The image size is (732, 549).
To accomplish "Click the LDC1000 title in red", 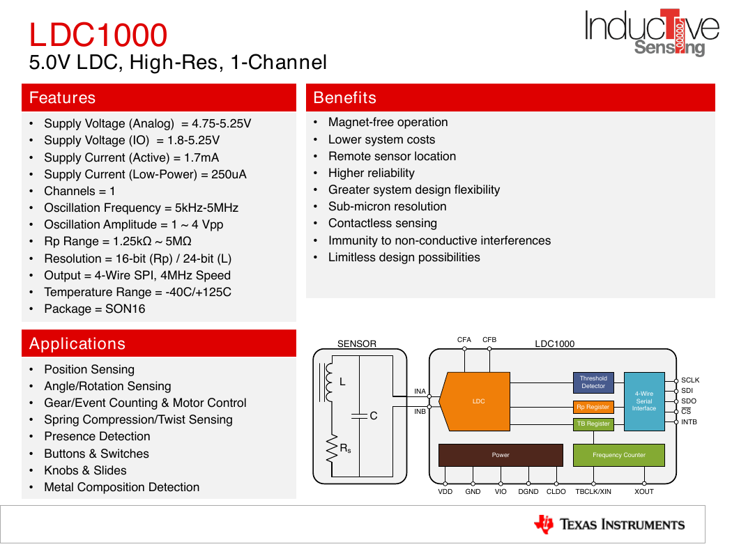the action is click(x=98, y=35).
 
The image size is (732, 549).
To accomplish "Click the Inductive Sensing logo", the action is click(x=652, y=33).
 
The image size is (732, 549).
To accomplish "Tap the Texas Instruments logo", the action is click(x=609, y=525).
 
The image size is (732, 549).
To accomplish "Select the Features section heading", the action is click(x=62, y=98).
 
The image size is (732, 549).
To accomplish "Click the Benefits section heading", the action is click(x=344, y=98).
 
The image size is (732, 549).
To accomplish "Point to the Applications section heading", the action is click(x=77, y=343).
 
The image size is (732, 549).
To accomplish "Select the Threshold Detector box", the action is click(x=593, y=382).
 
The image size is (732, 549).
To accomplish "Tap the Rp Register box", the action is click(x=593, y=407).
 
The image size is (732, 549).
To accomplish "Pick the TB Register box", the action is click(x=593, y=424).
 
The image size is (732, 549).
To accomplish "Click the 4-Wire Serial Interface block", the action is click(x=644, y=401).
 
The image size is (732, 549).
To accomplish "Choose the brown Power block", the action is click(x=501, y=455).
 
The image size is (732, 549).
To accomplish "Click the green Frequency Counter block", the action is click(x=618, y=455).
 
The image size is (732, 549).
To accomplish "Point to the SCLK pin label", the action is click(x=690, y=380).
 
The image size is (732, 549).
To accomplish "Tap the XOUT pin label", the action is click(x=643, y=492).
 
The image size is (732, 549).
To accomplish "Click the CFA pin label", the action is click(x=464, y=339).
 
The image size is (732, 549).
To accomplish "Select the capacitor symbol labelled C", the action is click(x=360, y=416).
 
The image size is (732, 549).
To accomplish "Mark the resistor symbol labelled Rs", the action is click(x=332, y=449).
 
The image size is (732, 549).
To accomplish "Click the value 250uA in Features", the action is click(x=229, y=174).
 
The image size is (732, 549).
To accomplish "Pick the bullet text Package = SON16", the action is click(x=95, y=309).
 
